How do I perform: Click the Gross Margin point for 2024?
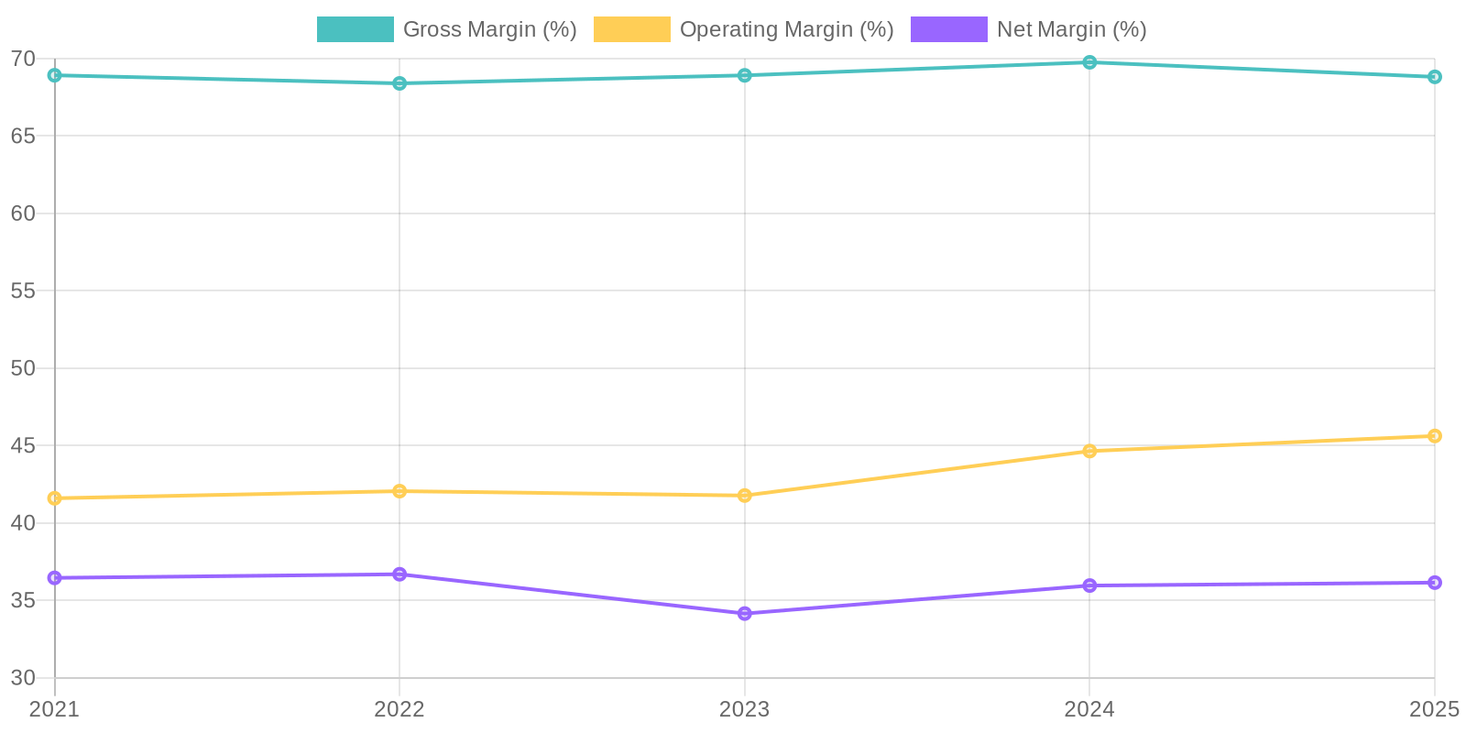(1089, 62)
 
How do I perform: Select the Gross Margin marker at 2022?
(399, 83)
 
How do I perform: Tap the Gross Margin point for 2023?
(745, 75)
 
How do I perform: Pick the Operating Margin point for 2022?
(399, 491)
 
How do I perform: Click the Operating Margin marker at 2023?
(745, 496)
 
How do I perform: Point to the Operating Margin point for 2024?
(1089, 451)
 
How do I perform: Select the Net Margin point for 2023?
(745, 614)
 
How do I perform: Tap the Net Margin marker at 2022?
(399, 574)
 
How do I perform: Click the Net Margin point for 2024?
(1089, 585)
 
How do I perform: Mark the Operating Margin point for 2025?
(1435, 436)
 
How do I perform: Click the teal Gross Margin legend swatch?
(355, 29)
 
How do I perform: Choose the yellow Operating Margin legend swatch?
(631, 29)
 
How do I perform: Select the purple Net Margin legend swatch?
(948, 29)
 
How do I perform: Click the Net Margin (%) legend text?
(1071, 29)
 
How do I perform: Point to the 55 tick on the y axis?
(23, 291)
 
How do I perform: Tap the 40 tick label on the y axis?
(23, 523)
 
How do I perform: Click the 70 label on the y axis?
(23, 59)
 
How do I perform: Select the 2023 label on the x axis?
(745, 709)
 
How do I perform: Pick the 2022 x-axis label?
(399, 709)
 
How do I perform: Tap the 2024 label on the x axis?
(1089, 709)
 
